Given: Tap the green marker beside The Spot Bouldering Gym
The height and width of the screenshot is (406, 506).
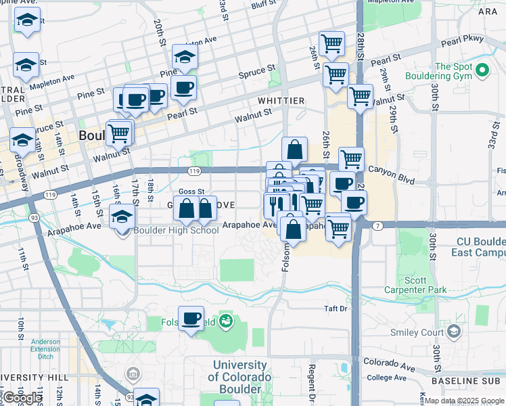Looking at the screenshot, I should click(482, 70).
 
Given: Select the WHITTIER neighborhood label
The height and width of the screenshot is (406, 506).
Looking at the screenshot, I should click(281, 101).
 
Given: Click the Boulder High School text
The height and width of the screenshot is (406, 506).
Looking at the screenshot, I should click(175, 230).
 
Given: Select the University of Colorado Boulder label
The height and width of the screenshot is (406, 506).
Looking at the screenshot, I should click(239, 377).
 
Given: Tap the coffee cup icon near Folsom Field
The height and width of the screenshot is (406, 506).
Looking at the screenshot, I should click(192, 318).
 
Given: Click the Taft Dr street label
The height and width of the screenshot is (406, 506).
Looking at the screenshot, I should click(334, 309).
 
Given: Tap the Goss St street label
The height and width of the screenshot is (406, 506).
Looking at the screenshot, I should click(191, 191).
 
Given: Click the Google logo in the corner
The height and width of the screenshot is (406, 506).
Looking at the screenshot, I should click(24, 397).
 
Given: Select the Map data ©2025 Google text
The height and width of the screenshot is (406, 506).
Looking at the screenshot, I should click(464, 401).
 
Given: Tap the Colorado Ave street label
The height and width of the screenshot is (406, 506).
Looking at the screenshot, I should click(389, 364).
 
